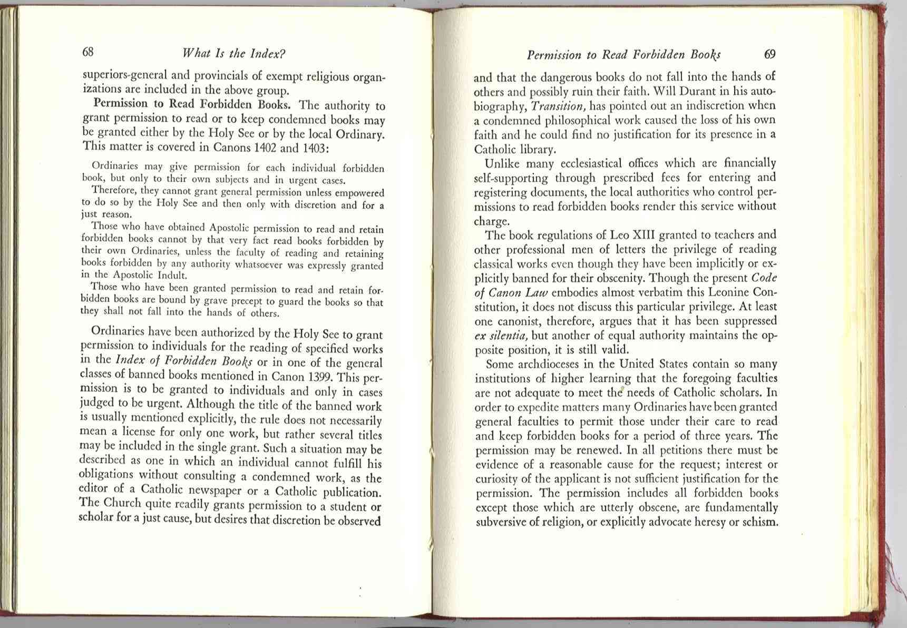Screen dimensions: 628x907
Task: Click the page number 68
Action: click(88, 52)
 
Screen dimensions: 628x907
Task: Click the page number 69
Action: click(769, 54)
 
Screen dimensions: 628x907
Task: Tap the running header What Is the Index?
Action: click(233, 53)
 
